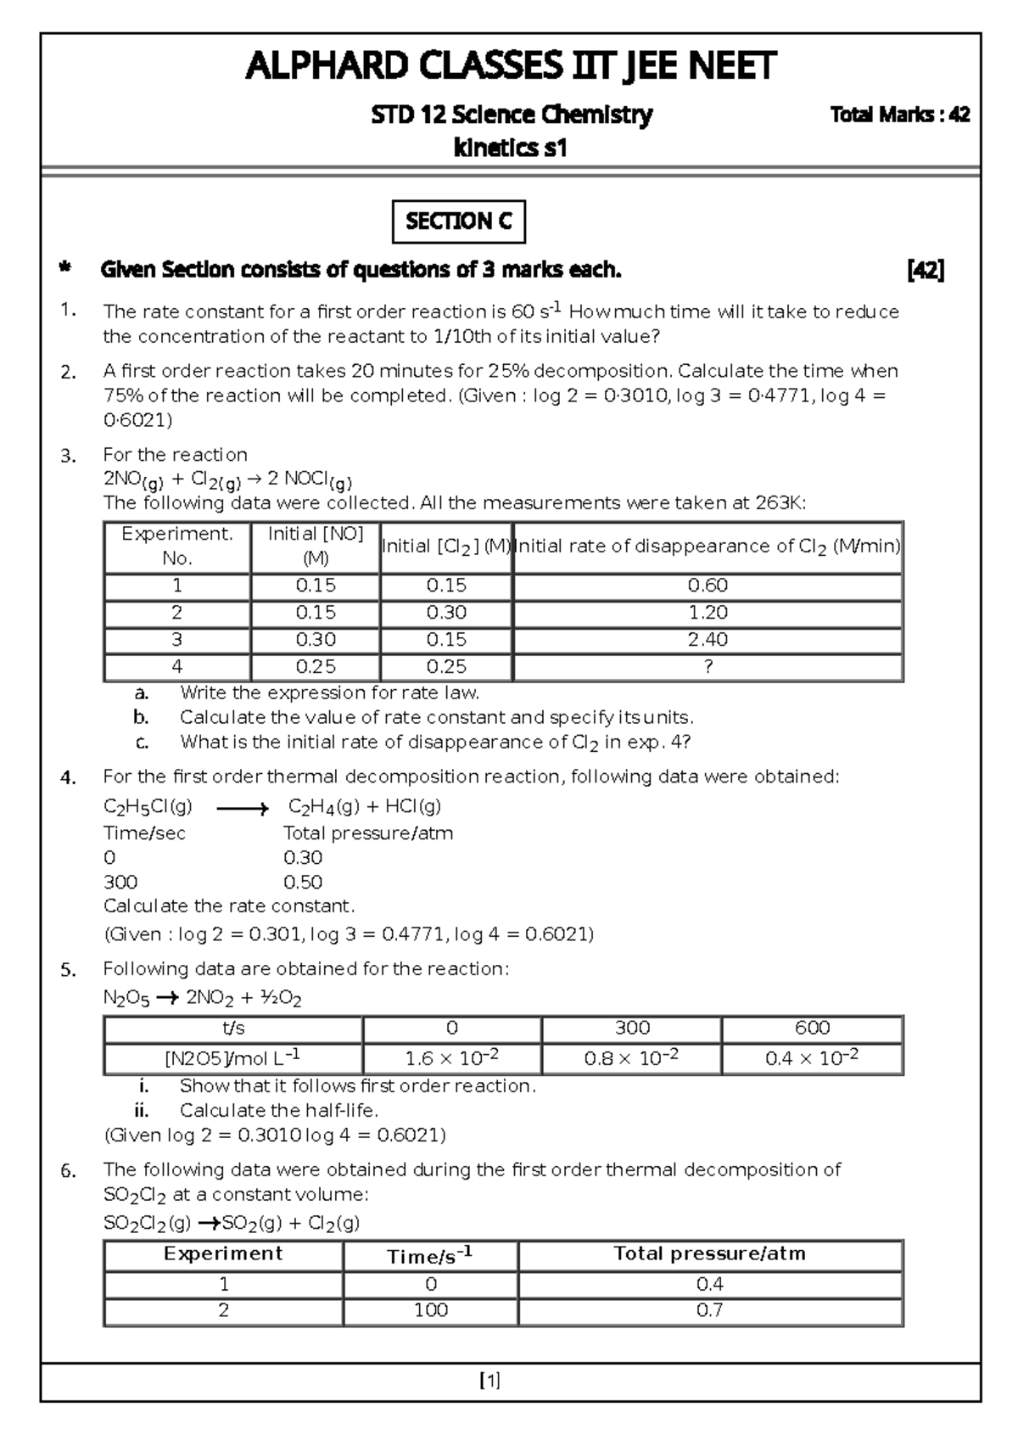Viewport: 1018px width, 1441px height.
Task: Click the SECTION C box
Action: tap(458, 221)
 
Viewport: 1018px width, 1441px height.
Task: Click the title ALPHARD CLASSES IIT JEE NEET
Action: tap(510, 66)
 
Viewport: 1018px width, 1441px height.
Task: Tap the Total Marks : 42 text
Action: tap(900, 115)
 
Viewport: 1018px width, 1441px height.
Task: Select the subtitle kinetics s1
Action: tap(510, 148)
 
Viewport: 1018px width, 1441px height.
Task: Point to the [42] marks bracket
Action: tap(926, 270)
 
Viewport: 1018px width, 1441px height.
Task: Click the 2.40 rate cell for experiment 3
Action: tap(708, 639)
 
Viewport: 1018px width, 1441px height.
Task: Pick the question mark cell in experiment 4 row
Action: tap(708, 666)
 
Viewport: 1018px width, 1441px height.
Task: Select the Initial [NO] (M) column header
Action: tap(316, 546)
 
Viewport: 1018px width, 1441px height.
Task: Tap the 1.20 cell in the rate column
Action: tap(708, 612)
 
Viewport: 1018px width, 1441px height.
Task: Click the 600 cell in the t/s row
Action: tap(812, 1028)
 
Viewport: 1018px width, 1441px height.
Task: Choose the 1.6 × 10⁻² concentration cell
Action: tap(451, 1057)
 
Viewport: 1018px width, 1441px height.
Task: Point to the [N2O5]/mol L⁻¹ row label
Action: tap(232, 1057)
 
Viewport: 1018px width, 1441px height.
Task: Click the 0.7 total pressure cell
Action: tap(709, 1309)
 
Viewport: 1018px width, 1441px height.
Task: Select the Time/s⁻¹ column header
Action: tap(429, 1255)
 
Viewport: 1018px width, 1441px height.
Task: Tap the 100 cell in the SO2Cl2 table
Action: tap(431, 1309)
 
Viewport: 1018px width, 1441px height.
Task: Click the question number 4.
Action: tap(69, 777)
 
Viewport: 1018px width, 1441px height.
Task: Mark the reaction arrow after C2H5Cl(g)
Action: tap(242, 809)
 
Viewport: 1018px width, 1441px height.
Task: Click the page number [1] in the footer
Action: tap(489, 1381)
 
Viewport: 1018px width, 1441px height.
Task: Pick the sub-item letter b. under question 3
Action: tap(141, 717)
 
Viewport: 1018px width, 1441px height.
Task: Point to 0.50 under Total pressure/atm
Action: tap(303, 882)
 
